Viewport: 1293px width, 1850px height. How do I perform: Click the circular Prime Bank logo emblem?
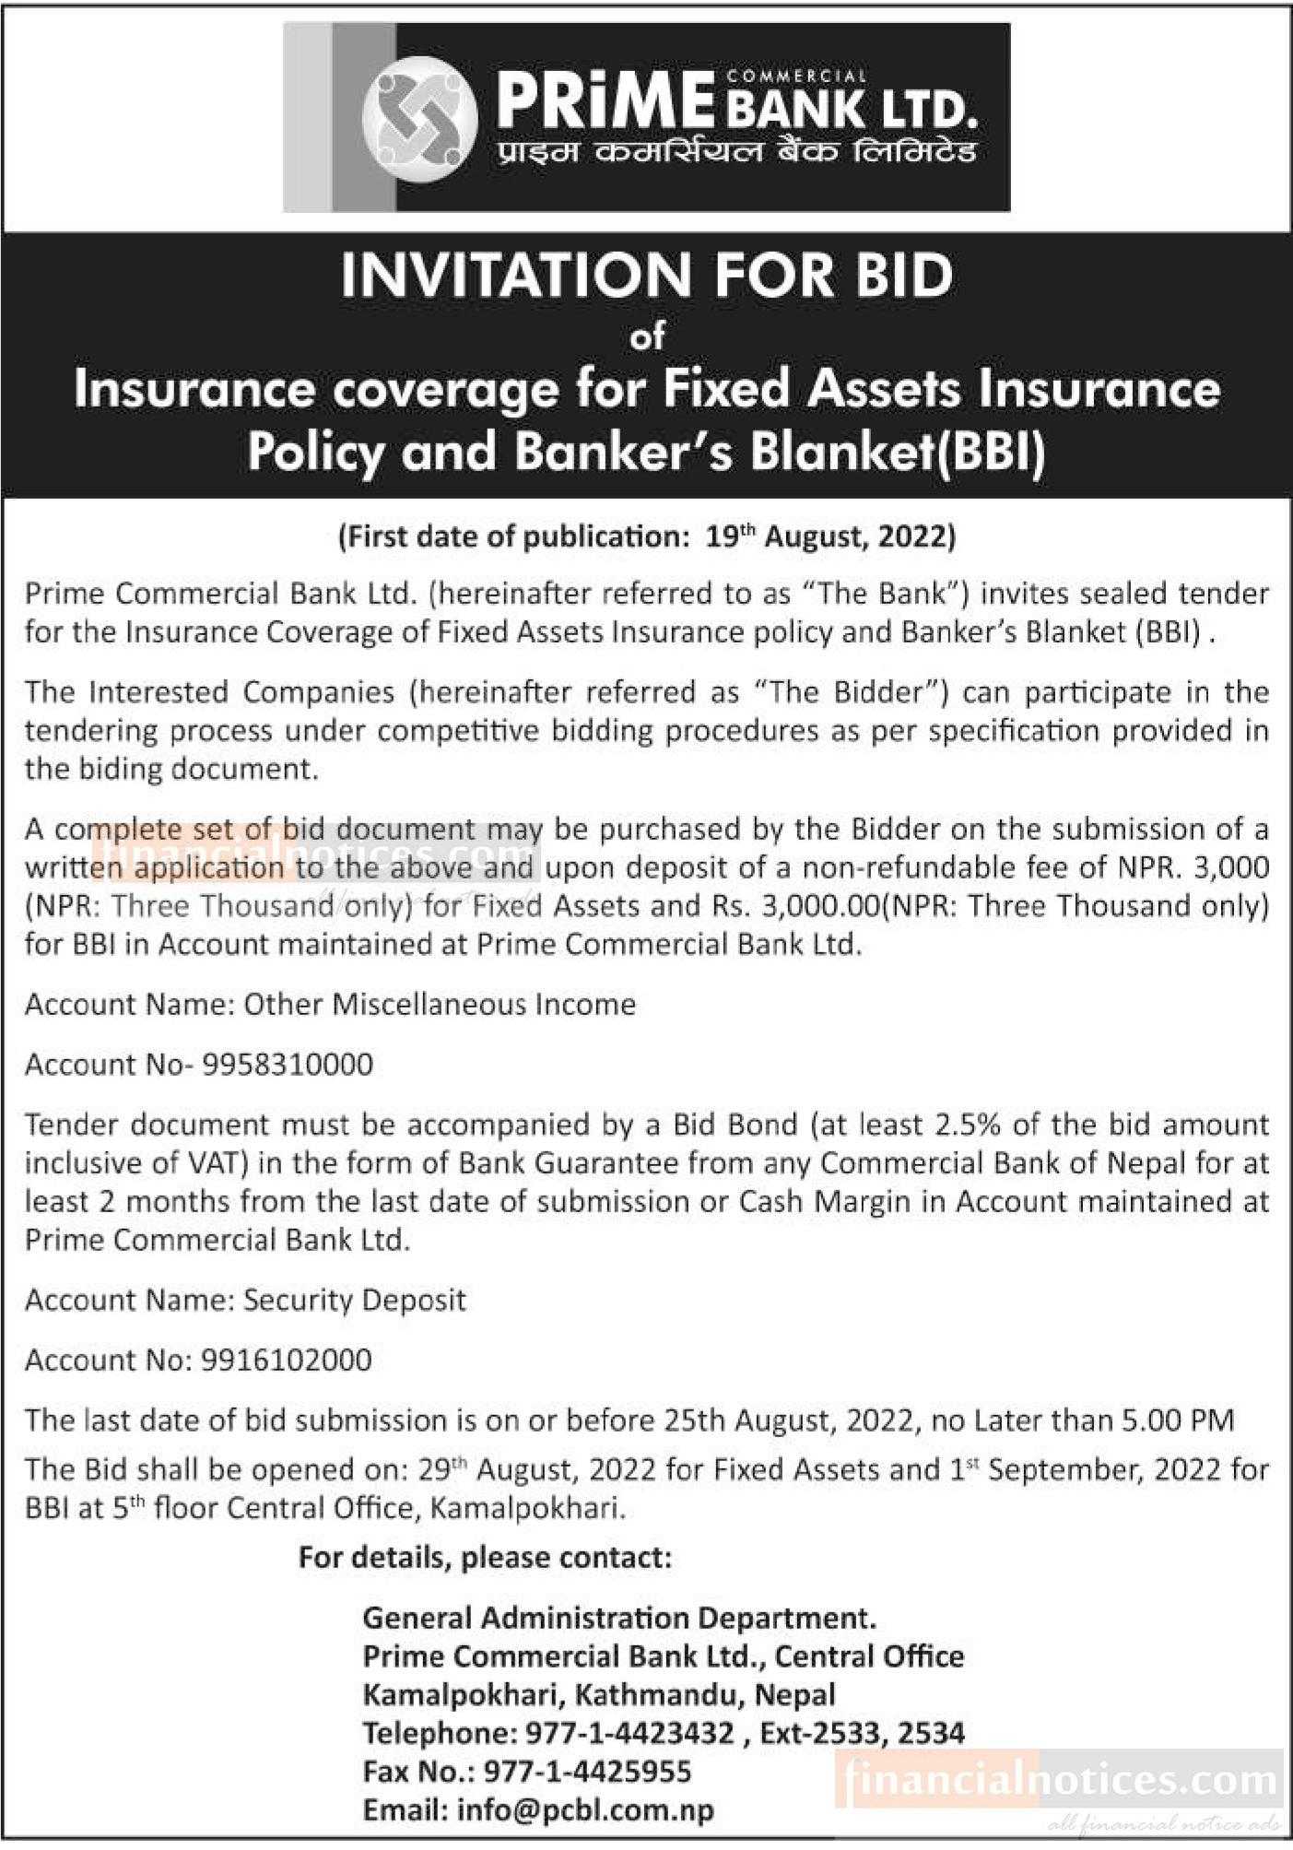click(420, 117)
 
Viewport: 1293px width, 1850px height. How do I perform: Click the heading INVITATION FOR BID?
click(646, 276)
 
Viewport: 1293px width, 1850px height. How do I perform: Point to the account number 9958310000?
click(287, 1065)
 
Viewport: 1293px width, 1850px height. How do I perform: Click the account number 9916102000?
click(286, 1360)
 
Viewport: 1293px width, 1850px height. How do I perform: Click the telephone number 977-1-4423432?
click(629, 1733)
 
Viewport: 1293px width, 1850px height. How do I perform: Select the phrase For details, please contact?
click(485, 1558)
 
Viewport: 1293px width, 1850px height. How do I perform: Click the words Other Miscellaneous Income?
click(439, 1004)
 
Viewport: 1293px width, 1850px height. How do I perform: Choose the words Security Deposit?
click(354, 1300)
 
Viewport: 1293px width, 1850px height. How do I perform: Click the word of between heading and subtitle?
click(646, 337)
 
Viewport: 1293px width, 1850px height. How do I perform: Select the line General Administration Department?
click(618, 1618)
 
